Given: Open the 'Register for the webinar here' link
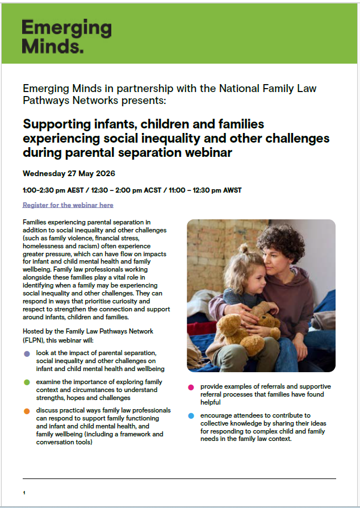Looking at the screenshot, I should point(68,205).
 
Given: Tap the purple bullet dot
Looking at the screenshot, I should point(27,353).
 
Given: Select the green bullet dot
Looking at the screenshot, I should point(27,382).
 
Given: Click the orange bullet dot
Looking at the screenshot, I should point(27,411).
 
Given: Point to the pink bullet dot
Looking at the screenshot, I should point(191,387).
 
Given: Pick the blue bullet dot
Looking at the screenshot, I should point(191,416).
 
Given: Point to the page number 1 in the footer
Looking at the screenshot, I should point(24,492).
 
